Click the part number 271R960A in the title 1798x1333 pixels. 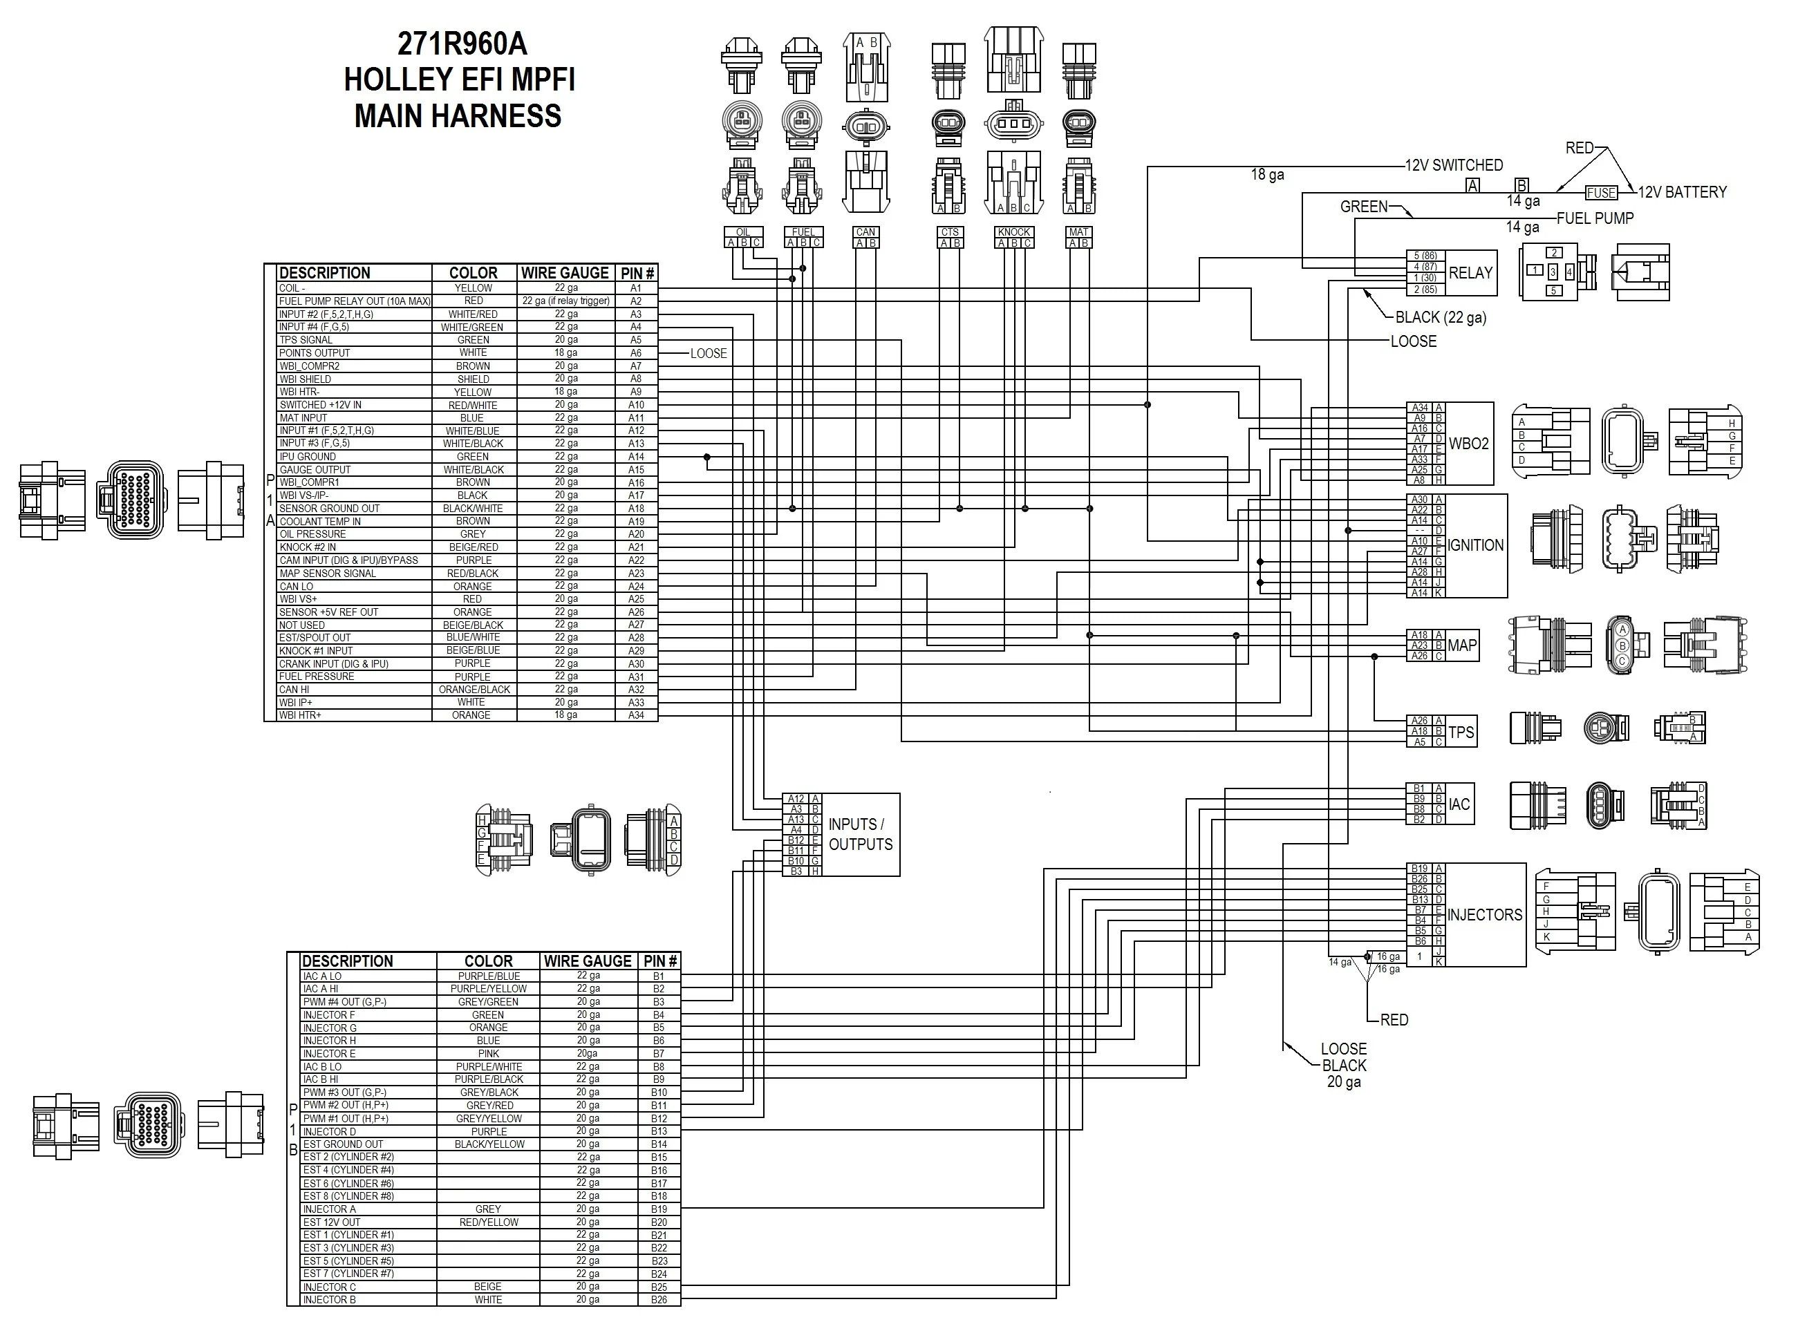click(462, 44)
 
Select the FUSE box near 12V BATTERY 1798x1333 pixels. click(1601, 193)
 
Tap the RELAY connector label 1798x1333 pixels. click(1470, 273)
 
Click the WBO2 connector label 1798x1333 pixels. click(1468, 444)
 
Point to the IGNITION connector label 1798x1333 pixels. click(1475, 545)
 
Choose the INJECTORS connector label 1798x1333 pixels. click(1484, 915)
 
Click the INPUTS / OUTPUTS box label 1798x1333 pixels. click(860, 834)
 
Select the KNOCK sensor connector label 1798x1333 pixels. click(1013, 232)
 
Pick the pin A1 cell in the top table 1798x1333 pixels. click(636, 288)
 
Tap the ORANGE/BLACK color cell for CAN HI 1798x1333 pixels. click(474, 690)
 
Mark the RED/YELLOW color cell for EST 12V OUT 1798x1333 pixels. click(488, 1222)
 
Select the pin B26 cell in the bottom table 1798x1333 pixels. click(659, 1300)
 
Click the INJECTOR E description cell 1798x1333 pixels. click(329, 1054)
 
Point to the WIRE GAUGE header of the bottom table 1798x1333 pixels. click(588, 961)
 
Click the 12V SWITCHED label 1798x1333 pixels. click(1454, 165)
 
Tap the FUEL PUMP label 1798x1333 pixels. click(1595, 218)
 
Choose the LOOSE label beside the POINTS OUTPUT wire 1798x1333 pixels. click(709, 353)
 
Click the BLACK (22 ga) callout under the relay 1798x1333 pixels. click(1441, 318)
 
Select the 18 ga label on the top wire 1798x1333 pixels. click(1267, 175)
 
